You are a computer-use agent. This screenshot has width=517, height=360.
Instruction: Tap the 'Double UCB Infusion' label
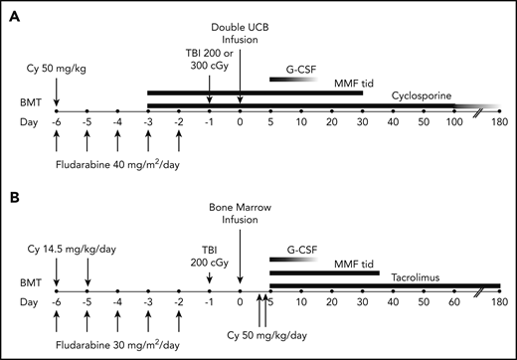[x=240, y=33]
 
